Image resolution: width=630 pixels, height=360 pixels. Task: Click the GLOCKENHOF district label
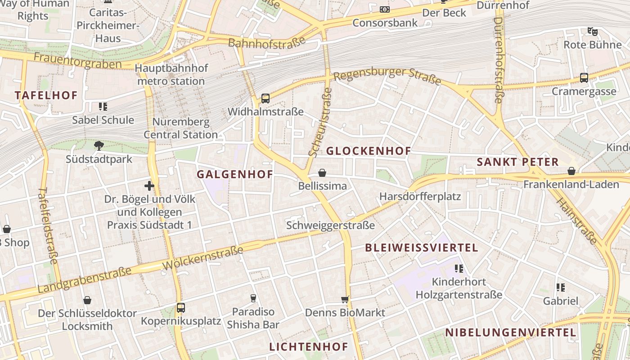[x=368, y=151]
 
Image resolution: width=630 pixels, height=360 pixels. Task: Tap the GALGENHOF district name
[x=235, y=175]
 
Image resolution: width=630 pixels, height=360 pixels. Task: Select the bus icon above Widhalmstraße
[x=265, y=98]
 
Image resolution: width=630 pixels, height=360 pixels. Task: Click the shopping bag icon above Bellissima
[x=322, y=173]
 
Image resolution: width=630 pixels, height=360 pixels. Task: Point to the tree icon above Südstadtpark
[x=99, y=145]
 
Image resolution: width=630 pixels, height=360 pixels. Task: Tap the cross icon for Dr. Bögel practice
[x=149, y=185]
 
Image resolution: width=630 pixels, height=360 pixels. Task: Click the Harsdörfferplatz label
[x=420, y=197]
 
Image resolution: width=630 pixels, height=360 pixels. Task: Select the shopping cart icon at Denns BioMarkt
[x=345, y=299]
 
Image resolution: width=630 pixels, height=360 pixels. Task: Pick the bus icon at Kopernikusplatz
[x=180, y=308]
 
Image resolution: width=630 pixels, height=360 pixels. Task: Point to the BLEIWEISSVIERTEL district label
[x=421, y=248]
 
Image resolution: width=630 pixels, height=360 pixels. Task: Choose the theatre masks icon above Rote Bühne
[x=593, y=31]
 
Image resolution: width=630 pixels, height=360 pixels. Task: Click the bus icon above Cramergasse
[x=584, y=78]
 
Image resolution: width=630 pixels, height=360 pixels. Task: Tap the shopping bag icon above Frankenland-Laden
[x=571, y=171]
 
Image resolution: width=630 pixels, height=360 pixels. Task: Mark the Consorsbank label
[x=385, y=22]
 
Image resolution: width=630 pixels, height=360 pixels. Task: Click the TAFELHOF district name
[x=46, y=95]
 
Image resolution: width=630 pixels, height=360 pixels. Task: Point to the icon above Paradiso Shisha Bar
[x=253, y=298]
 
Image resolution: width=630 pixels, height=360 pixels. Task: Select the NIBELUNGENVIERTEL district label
[x=510, y=333]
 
